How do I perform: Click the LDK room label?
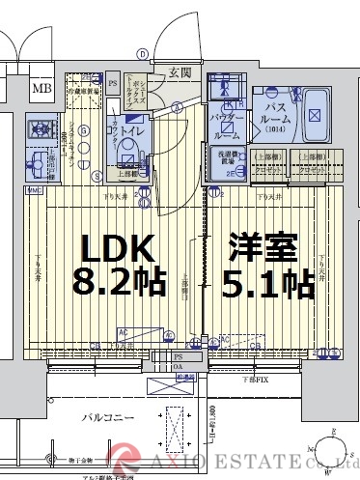(x=117, y=249)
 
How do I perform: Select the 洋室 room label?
(x=263, y=249)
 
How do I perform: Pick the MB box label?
(x=42, y=90)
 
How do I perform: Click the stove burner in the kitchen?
(x=41, y=127)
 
